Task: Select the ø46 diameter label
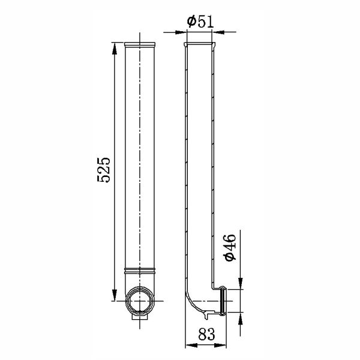pos(230,247)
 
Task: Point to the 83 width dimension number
pos(205,334)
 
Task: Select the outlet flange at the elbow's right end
pos(223,301)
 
